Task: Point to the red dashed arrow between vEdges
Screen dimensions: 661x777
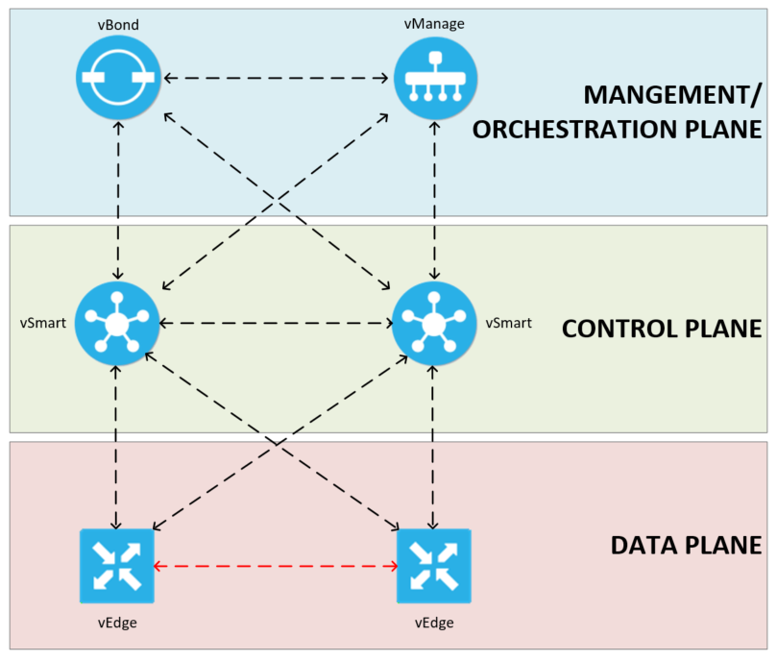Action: coord(276,567)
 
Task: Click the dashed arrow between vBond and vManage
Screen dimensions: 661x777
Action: coord(276,77)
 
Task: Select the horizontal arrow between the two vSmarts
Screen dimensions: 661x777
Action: coord(276,324)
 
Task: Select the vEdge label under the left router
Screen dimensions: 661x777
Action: coord(116,623)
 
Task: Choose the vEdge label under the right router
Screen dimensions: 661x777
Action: coord(434,623)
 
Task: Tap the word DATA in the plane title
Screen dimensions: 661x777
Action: coord(643,546)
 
